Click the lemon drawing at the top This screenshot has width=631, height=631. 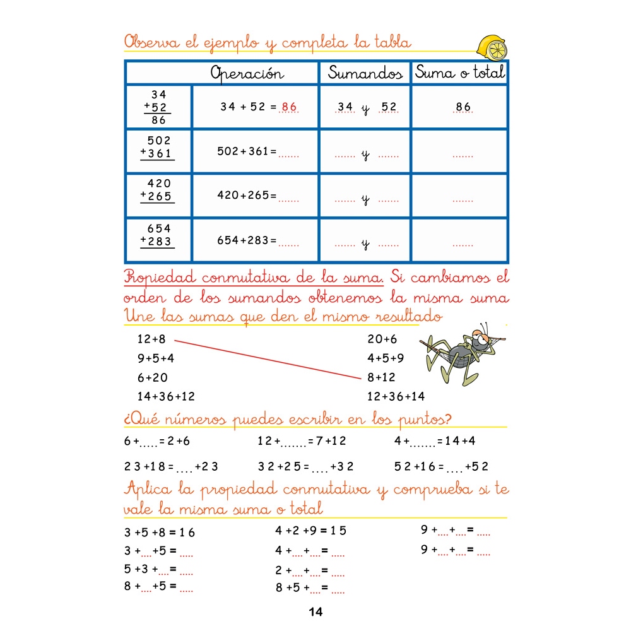pos(492,47)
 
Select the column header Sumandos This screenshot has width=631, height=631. pos(365,73)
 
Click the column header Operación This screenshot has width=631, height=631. pos(247,73)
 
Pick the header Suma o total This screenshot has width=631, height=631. pos(460,73)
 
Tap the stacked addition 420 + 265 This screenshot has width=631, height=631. pos(158,190)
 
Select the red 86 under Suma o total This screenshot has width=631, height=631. pos(463,107)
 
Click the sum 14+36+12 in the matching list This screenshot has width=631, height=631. pos(166,397)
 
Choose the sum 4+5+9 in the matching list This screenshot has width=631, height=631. pos(386,358)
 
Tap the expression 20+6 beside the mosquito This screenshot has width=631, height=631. pos(382,339)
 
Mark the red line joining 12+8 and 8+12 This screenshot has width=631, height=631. pos(265,359)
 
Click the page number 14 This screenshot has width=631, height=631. pos(315,612)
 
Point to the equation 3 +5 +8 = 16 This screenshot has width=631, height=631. pos(160,533)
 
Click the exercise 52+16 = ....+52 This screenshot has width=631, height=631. pos(441,467)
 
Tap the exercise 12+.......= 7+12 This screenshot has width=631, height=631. pos(302,441)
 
